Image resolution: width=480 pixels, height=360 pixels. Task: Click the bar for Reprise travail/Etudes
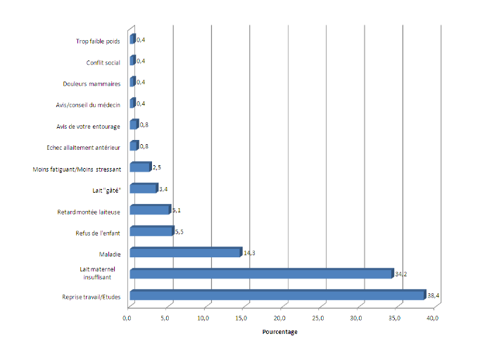click(x=278, y=296)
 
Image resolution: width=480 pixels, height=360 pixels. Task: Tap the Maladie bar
click(x=186, y=252)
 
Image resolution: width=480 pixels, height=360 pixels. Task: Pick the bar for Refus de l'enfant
click(x=151, y=231)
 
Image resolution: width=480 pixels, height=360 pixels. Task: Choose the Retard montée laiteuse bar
click(x=150, y=210)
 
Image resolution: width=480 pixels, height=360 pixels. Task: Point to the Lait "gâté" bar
click(x=144, y=188)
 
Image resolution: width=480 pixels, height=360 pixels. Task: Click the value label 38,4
click(x=434, y=296)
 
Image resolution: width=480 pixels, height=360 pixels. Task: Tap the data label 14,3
click(x=248, y=252)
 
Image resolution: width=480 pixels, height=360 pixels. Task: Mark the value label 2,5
click(x=158, y=167)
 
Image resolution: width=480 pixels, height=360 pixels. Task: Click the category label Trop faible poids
click(x=98, y=41)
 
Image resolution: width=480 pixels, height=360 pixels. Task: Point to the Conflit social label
click(x=103, y=62)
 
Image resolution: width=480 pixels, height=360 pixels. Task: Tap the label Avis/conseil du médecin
click(x=88, y=105)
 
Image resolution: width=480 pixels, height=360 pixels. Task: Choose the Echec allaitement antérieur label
click(x=88, y=148)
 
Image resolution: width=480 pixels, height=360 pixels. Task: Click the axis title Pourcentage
click(x=279, y=332)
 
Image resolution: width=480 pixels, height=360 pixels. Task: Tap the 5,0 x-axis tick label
click(x=166, y=319)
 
